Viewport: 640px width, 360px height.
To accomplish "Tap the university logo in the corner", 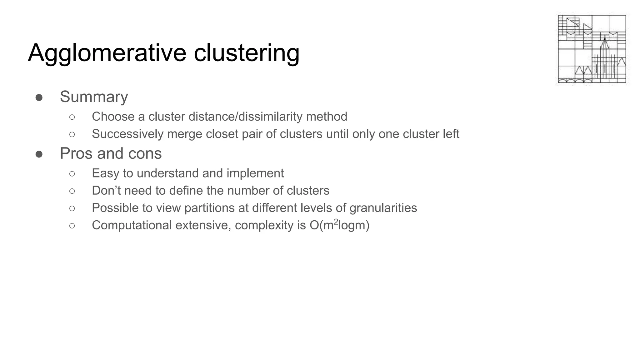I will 592,49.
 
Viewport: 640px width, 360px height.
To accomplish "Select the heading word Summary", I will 94,97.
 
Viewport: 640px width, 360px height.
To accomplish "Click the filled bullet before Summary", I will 39,98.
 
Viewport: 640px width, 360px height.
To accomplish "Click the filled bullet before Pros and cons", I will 39,154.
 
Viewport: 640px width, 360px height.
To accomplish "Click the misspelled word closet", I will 222,134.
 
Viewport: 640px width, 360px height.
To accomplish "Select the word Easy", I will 105,173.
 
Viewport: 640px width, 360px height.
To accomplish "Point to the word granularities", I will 383,208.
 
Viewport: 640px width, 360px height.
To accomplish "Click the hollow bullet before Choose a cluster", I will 72,117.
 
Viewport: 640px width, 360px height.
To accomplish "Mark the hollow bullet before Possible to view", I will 72,208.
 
